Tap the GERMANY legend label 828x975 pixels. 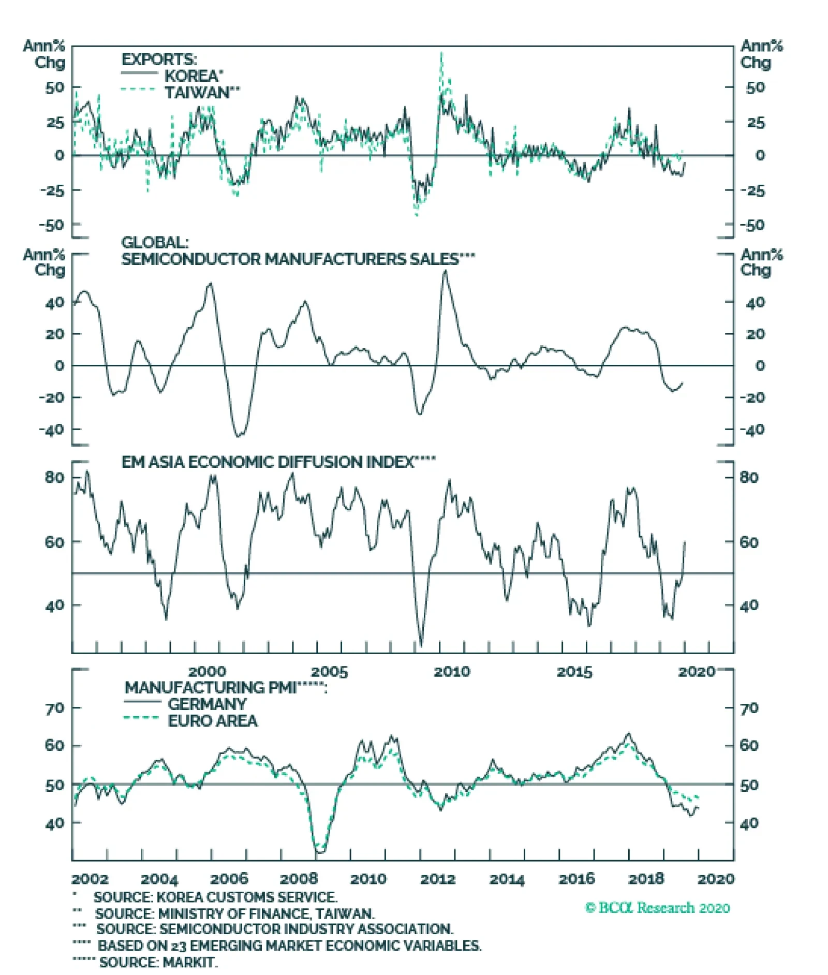pos(207,704)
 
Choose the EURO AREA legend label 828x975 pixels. pos(213,721)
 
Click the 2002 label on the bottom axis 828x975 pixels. pos(90,879)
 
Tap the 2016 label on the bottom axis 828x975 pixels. pos(576,879)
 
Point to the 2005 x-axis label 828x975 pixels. pos(329,672)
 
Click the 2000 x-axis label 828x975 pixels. pos(207,672)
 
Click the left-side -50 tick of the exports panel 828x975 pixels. pos(52,225)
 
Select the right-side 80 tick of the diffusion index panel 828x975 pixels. pos(749,477)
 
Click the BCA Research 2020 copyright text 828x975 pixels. pos(657,908)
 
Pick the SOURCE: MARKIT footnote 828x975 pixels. pos(158,962)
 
